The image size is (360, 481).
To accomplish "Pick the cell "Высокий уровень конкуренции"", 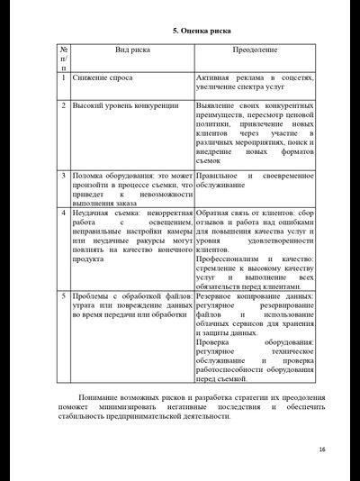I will [x=126, y=105].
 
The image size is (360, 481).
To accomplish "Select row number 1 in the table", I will [x=63, y=78].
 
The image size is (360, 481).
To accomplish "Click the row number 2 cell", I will [x=63, y=105].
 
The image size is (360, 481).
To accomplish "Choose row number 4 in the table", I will [x=63, y=213].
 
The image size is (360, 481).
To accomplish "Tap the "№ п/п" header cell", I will [x=63, y=58].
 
